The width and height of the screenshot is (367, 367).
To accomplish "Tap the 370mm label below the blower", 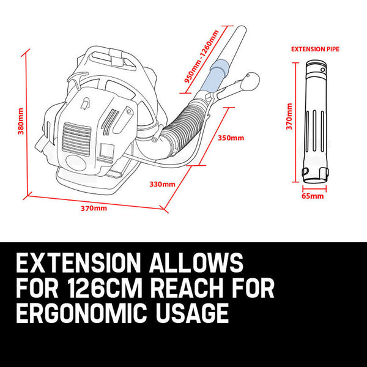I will pyautogui.click(x=94, y=209).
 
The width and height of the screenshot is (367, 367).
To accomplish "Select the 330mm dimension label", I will pyautogui.click(x=162, y=183).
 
